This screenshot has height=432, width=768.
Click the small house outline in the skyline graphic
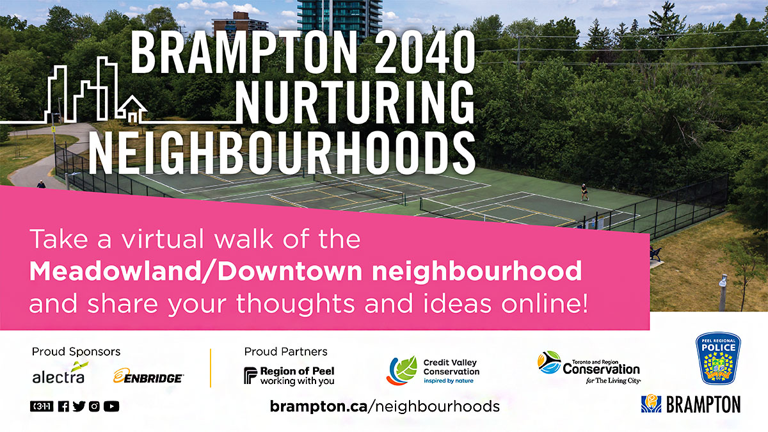tap(132, 109)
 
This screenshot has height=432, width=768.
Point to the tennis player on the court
tap(584, 191)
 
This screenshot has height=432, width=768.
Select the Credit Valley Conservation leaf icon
tap(401, 371)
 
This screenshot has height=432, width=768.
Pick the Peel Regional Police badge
tap(718, 358)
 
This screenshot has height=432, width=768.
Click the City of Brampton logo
tap(691, 404)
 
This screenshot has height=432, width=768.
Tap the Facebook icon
tap(63, 406)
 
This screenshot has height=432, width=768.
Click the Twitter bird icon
tap(79, 406)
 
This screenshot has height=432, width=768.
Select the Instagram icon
tap(94, 406)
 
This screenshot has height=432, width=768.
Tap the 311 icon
tap(42, 406)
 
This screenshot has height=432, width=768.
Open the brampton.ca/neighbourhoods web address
tap(385, 406)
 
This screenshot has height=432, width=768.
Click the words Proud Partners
tap(285, 351)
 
